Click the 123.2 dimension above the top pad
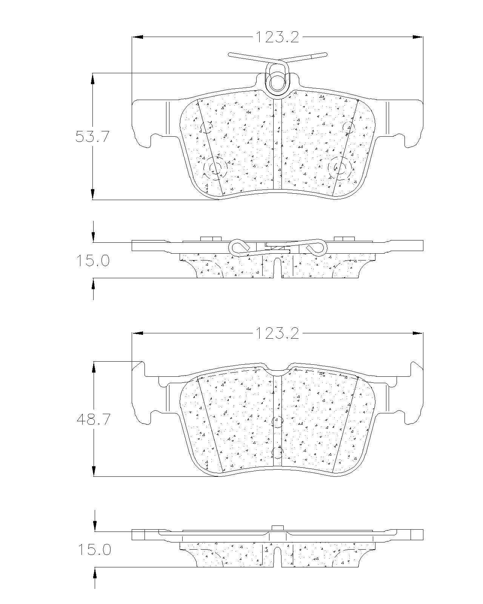pyautogui.click(x=277, y=37)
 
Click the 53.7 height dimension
pyautogui.click(x=92, y=136)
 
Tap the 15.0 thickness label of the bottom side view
pyautogui.click(x=94, y=549)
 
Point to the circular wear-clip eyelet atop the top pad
pyautogui.click(x=277, y=81)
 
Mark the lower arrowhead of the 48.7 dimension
pyautogui.click(x=94, y=471)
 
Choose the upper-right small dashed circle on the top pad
pyautogui.click(x=349, y=126)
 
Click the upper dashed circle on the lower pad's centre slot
pyautogui.click(x=277, y=421)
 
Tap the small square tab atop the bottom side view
pyautogui.click(x=277, y=528)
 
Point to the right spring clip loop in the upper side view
pyautogui.click(x=317, y=247)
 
